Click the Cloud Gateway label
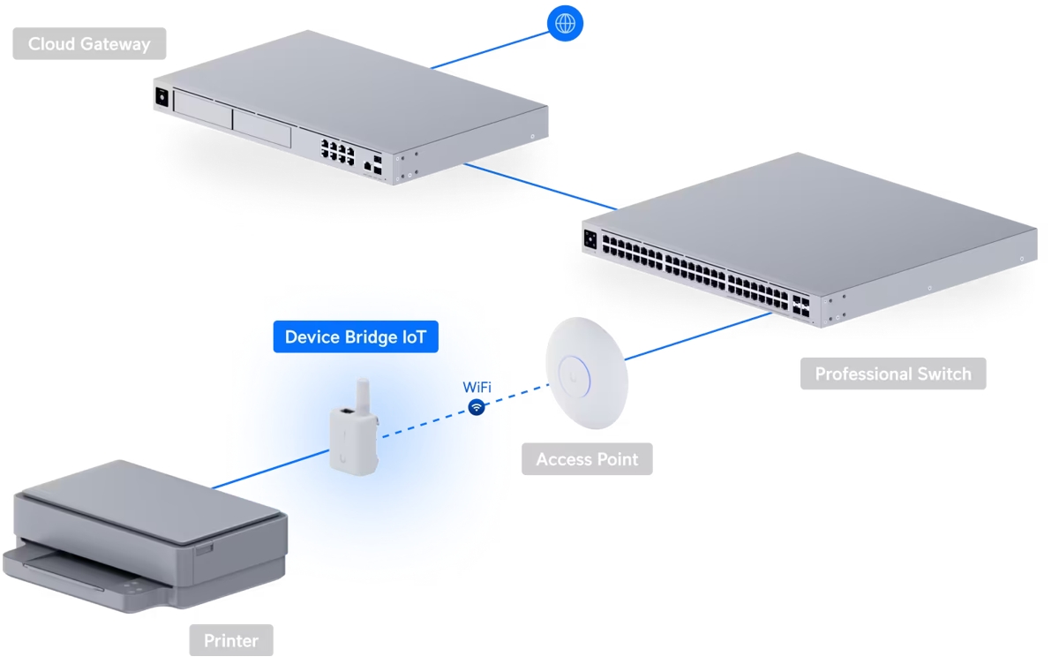(x=89, y=44)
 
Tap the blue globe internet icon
(x=566, y=23)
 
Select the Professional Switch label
(x=892, y=374)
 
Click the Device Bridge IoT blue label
(x=355, y=337)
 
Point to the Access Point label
(x=587, y=459)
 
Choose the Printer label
(x=231, y=640)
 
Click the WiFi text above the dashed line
(x=477, y=387)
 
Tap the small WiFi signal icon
(x=477, y=407)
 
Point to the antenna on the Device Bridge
(x=361, y=393)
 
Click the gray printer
(x=150, y=530)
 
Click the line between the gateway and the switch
(x=538, y=185)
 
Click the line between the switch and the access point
(x=697, y=336)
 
